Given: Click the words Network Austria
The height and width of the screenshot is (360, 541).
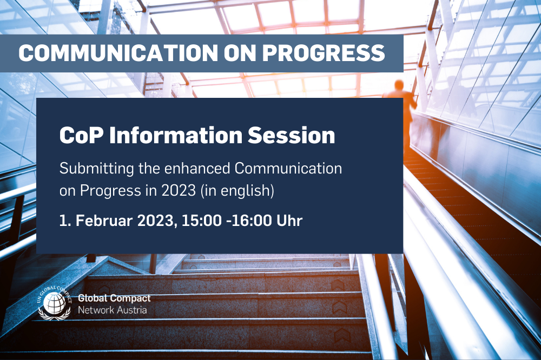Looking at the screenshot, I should (x=112, y=310).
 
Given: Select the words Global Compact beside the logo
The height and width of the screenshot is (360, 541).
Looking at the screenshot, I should (x=115, y=298).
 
